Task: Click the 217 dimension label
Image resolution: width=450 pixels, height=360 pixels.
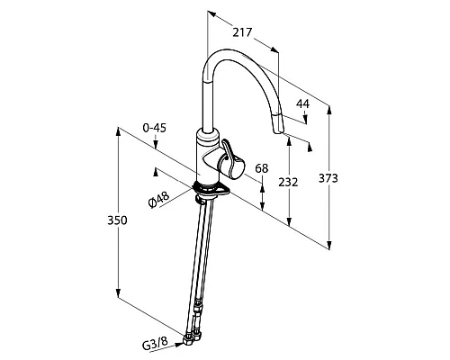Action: point(242,32)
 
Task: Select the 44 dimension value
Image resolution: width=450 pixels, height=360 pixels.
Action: point(302,103)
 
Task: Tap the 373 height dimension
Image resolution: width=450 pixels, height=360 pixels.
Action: point(328,178)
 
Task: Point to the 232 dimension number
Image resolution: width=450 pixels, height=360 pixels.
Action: point(288,182)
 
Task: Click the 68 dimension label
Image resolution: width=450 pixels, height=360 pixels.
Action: point(262,168)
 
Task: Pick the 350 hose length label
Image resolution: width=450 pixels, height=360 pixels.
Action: point(117,220)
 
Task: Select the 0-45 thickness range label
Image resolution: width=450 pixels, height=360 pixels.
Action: point(155,128)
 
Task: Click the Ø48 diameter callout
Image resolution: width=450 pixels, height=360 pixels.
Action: point(159,200)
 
